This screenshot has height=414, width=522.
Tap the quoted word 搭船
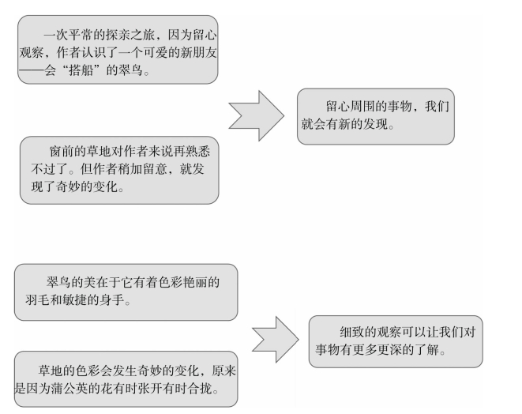tap(81, 70)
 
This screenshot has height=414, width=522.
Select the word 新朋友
tap(198, 53)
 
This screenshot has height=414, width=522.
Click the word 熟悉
tap(198, 152)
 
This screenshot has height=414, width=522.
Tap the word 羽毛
tap(37, 300)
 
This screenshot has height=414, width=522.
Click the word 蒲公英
tap(69, 389)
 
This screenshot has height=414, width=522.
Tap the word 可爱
tap(155, 53)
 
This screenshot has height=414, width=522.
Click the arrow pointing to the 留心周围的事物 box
tap(257, 115)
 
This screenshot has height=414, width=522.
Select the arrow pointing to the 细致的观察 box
tap(276, 340)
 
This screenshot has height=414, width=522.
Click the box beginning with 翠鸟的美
tap(126, 292)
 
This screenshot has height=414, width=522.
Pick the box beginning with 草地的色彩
tap(126, 379)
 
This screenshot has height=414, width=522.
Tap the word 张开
tap(150, 389)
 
